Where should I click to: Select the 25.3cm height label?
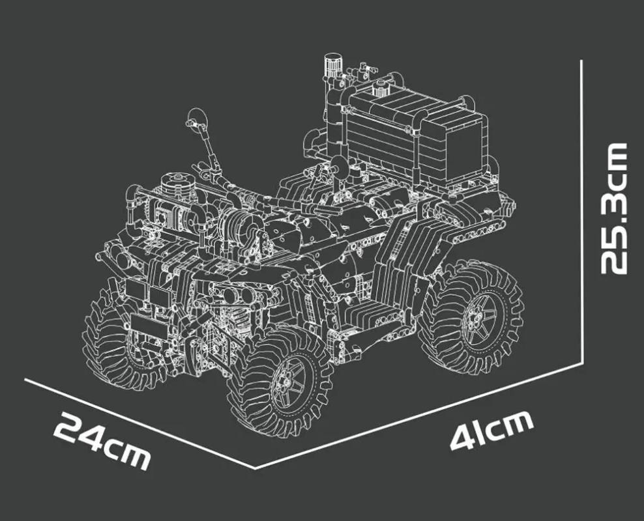pos(614,208)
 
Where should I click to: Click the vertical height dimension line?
pos(581,212)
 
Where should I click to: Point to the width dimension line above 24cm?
pos(139,423)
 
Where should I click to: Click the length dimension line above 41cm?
pos(418,415)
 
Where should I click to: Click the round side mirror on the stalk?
pos(196,119)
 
